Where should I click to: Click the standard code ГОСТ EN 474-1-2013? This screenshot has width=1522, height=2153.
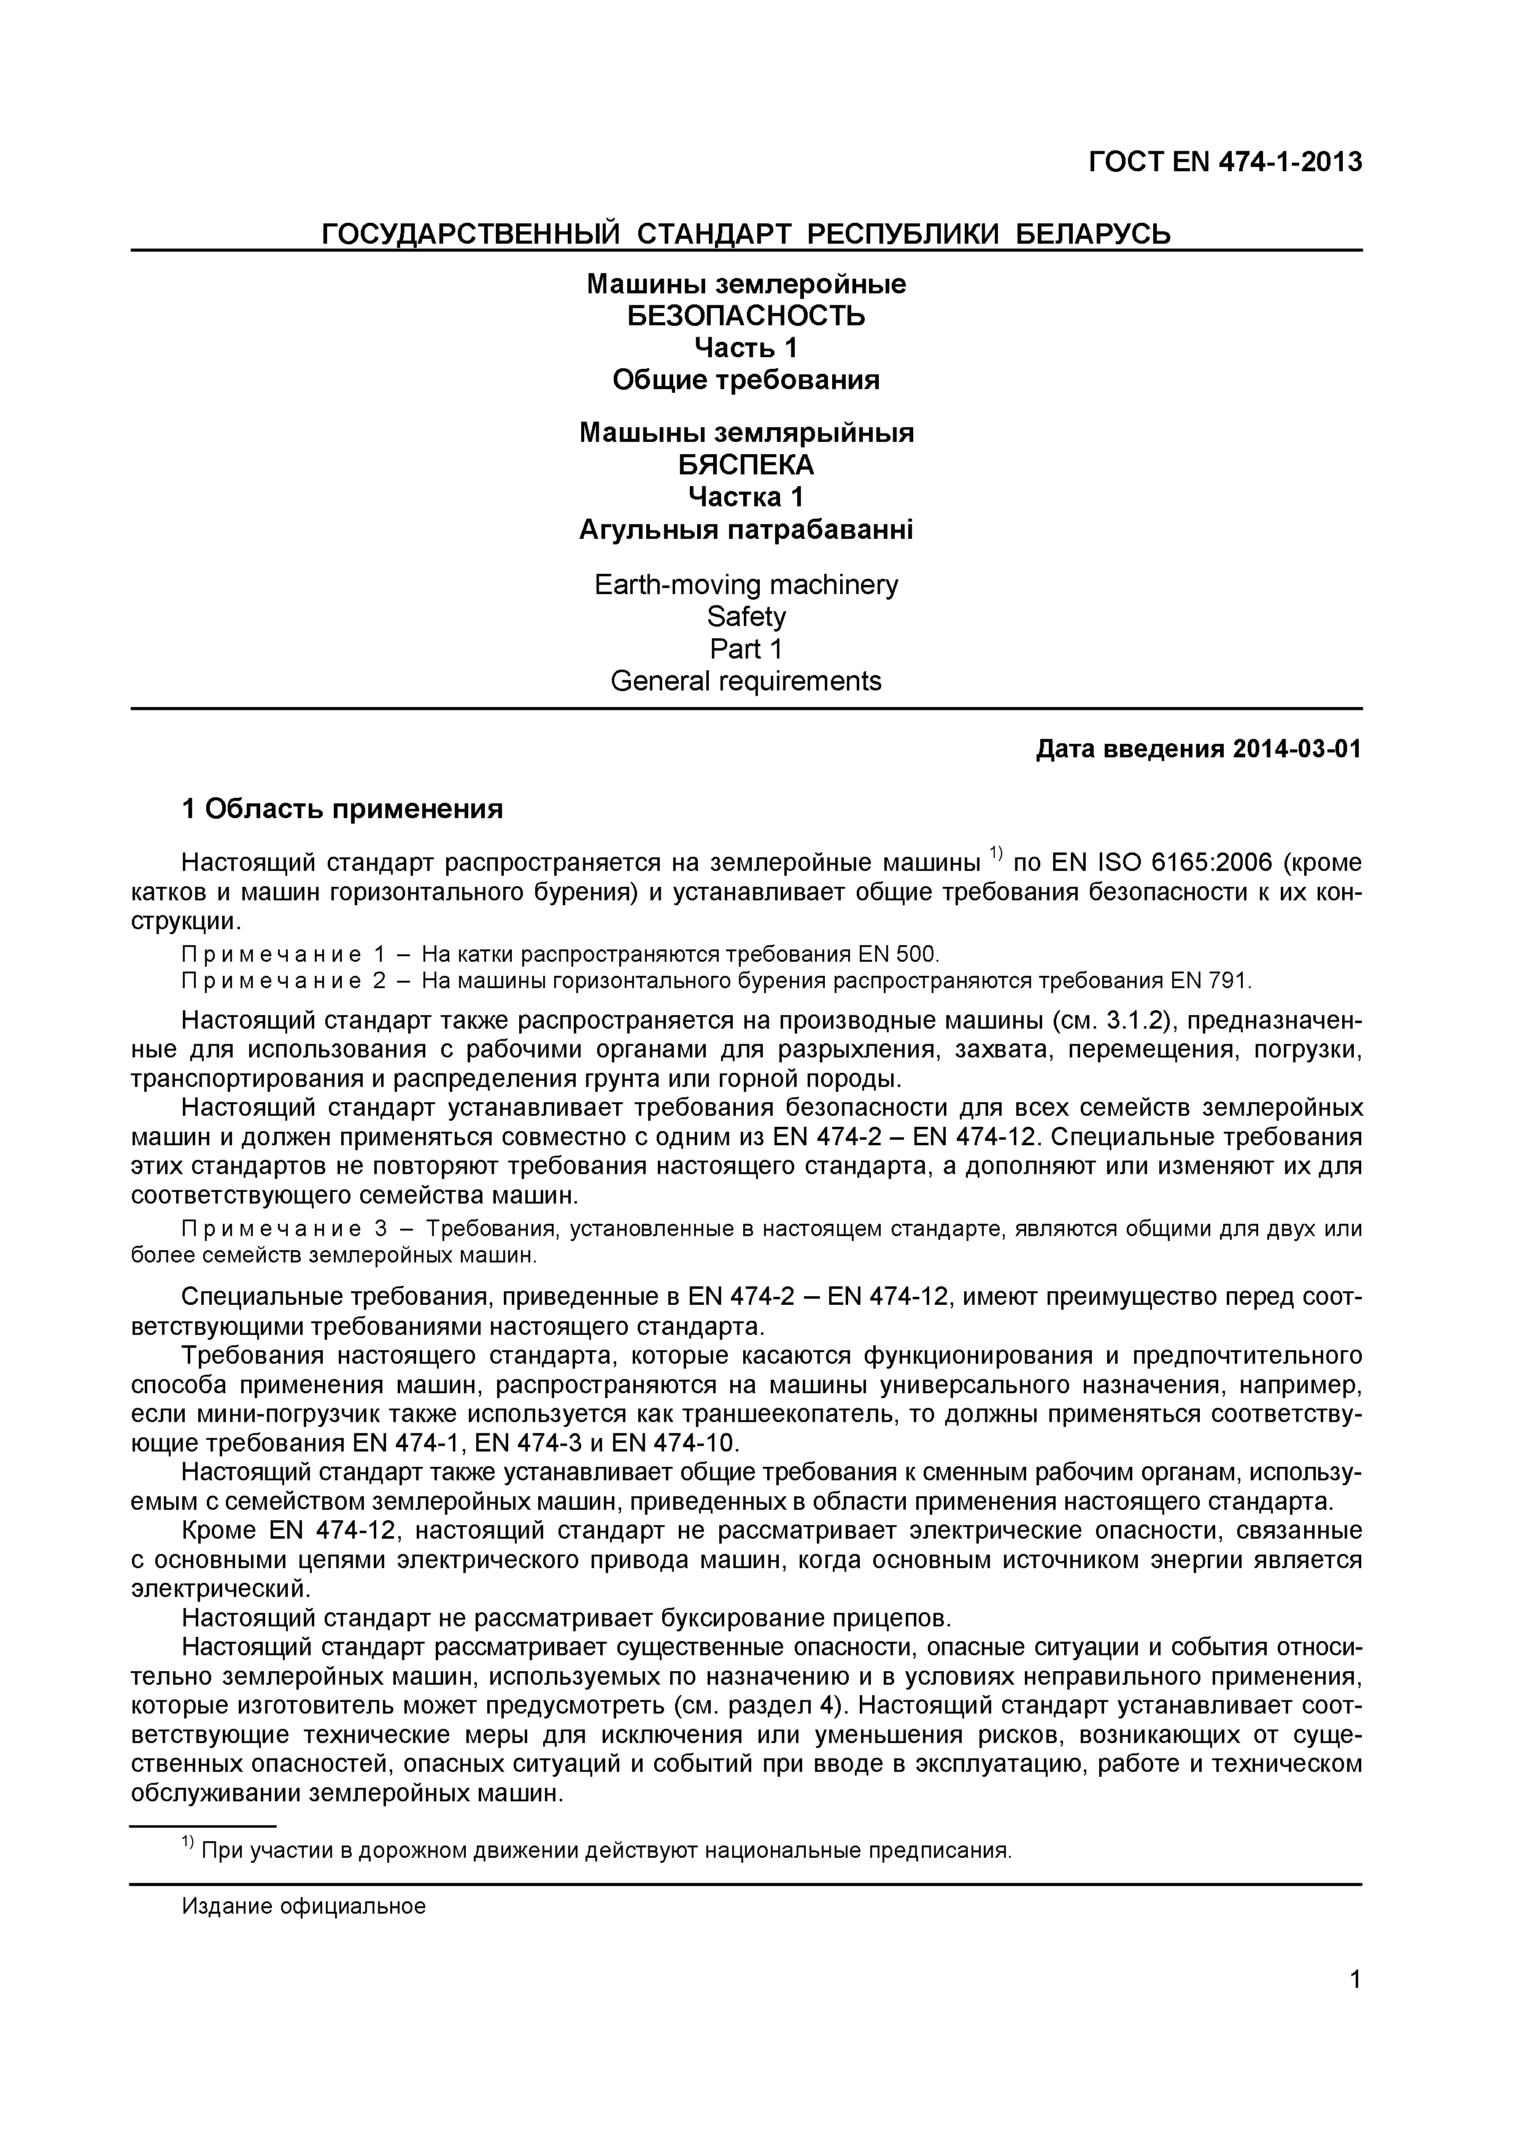1225,162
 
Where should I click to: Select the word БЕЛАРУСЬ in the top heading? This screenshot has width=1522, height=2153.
1094,233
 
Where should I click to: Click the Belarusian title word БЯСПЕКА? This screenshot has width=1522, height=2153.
746,464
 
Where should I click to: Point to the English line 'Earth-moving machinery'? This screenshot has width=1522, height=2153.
746,585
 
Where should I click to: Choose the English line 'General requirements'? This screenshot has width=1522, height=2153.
746,681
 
